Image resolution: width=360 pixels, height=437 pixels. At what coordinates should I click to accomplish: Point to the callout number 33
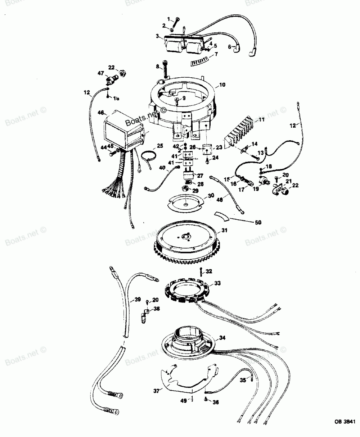(217, 283)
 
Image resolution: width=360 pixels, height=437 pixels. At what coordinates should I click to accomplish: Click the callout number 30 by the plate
(211, 196)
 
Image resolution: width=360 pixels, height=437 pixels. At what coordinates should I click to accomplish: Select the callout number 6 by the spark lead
(230, 46)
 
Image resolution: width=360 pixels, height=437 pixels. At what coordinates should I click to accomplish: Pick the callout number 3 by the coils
(157, 36)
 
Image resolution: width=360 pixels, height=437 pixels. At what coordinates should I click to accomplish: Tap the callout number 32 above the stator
(209, 271)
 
